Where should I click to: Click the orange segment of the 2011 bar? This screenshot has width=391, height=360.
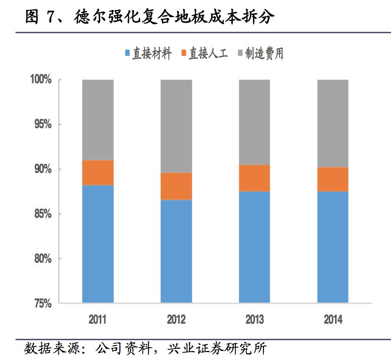click(98, 173)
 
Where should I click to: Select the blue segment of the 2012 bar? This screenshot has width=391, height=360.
click(176, 251)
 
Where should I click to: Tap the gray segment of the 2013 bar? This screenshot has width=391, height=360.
click(254, 122)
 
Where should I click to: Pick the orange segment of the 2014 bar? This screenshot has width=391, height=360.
click(333, 179)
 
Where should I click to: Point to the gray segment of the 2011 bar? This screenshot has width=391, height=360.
click(98, 120)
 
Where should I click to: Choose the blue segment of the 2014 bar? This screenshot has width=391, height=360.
click(333, 247)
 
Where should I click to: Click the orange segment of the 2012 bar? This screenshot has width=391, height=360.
click(176, 186)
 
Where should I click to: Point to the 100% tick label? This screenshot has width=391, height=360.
click(41, 80)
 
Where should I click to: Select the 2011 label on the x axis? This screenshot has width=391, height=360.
click(98, 320)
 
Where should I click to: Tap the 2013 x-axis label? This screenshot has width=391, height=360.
click(254, 320)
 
